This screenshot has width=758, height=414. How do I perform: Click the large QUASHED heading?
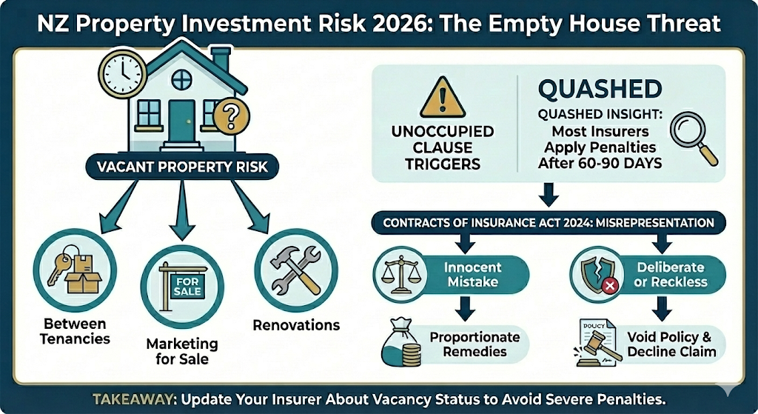pyautogui.click(x=600, y=89)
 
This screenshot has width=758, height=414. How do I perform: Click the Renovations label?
pyautogui.click(x=296, y=325)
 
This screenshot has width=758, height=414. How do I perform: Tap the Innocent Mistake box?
pyautogui.click(x=472, y=274)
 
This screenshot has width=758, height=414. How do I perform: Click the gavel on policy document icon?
pyautogui.click(x=595, y=343)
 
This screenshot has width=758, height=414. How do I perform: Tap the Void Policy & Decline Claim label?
pyautogui.click(x=671, y=344)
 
